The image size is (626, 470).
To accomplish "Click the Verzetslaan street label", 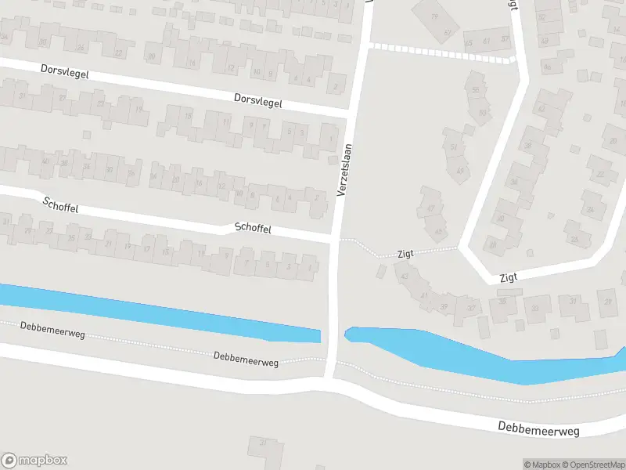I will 345,170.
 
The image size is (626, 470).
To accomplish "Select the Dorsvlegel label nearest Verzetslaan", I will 257,102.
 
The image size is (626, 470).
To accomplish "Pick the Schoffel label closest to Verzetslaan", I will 253,228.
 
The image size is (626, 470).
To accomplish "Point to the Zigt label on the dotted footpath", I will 405,253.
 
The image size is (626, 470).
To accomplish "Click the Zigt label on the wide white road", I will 509,277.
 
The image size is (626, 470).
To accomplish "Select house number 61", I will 486,39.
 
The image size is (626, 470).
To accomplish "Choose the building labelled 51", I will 453,146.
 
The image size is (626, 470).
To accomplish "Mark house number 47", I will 430,208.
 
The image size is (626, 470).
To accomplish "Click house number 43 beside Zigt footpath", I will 405,276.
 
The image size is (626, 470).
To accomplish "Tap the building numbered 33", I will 536,309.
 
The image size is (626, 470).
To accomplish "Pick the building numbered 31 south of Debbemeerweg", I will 264,444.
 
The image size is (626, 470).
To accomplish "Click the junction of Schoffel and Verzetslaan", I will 335,237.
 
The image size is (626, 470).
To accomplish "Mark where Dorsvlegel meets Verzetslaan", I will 347,114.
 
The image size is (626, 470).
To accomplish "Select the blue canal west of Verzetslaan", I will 156,313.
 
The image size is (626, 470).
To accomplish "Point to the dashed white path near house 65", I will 438,52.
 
